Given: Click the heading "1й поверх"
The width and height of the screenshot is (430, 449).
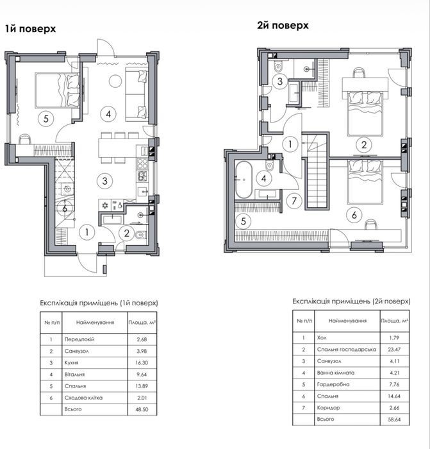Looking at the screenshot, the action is point(30,29).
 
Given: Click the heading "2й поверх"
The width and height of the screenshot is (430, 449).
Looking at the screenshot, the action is point(283,26).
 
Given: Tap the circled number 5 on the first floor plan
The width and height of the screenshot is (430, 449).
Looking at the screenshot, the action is point(46,118).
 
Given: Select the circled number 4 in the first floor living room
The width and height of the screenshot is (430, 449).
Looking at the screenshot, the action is point(108,114).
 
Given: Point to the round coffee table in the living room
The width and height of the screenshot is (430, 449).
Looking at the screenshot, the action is point(115,81).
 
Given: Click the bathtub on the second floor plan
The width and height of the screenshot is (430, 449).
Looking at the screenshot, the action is point(243,180).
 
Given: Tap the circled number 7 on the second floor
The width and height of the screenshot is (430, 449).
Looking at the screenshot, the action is point(294,201).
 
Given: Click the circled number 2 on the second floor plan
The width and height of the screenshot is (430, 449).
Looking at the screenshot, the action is point(363,144).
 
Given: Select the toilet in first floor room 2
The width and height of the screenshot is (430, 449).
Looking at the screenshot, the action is point(141,235).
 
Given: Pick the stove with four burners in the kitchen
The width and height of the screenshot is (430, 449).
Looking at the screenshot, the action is point(142,164).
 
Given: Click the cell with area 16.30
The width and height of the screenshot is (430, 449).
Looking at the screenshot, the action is point(142,363).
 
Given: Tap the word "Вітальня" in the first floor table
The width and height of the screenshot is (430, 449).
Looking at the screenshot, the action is point(74,375).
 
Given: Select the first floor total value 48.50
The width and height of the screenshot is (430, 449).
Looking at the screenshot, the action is point(142,409).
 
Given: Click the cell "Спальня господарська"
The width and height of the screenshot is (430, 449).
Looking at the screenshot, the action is point(347,350).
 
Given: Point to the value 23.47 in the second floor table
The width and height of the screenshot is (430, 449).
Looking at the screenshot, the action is point(395,350).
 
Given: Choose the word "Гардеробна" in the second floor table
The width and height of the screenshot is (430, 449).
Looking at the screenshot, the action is point(333,384).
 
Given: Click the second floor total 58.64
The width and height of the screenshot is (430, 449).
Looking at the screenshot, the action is point(395,419).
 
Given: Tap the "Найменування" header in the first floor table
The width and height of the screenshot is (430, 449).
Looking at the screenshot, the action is point(95,323).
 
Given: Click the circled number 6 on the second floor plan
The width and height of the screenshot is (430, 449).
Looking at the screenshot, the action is point(354,215).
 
